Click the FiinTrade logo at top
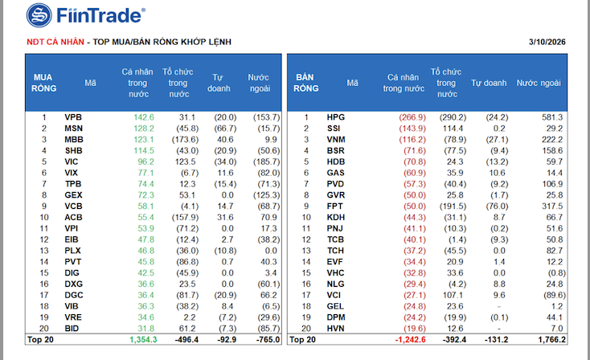click(85, 14)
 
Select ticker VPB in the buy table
click(74, 117)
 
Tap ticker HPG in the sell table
click(336, 117)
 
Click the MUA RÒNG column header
click(43, 82)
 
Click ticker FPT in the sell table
click(336, 206)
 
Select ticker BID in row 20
click(73, 328)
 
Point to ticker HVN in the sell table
click(336, 328)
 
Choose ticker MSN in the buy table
click(74, 129)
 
